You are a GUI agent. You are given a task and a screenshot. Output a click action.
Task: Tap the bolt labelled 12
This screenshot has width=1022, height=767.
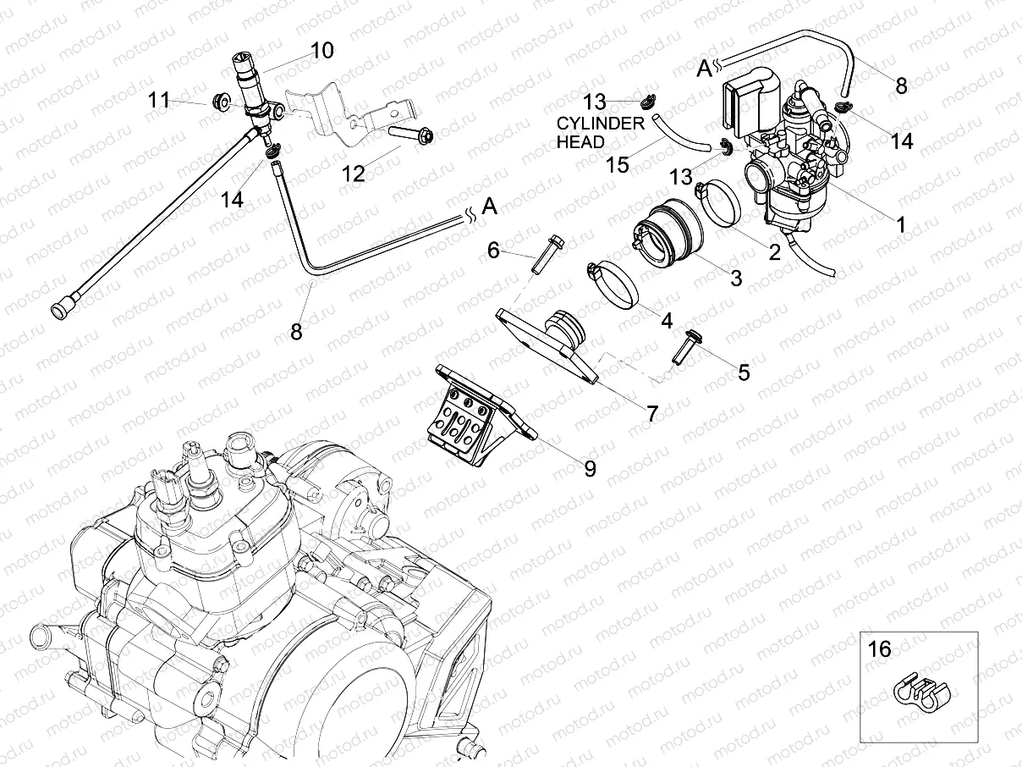412,133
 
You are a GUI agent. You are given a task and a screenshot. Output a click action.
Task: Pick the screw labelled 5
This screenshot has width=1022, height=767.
682,346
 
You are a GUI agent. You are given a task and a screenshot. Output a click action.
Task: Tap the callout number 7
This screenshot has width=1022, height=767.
651,414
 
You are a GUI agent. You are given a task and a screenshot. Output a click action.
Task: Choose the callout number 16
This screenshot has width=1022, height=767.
880,649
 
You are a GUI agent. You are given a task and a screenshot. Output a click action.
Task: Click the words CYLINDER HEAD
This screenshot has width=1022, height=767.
600,132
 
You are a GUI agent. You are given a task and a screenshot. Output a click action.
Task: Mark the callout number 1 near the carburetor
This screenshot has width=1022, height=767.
900,224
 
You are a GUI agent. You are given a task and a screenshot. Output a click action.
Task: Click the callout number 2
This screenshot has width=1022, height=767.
772,251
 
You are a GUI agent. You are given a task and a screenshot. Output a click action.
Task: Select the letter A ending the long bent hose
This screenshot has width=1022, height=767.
488,206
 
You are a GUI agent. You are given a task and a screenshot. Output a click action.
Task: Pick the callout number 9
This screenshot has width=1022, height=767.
590,468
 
